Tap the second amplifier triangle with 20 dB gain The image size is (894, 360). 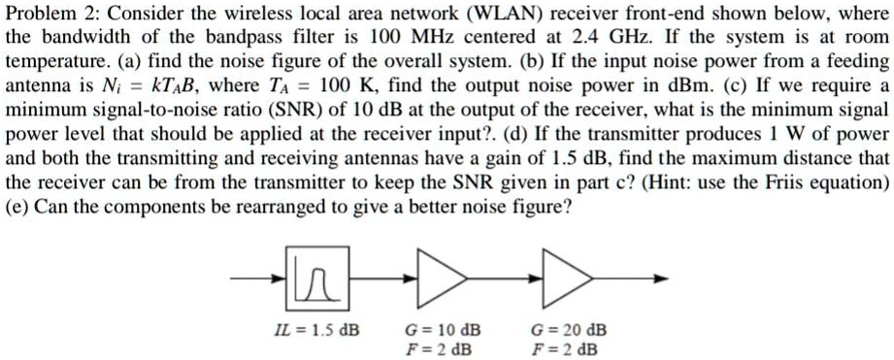click(x=566, y=278)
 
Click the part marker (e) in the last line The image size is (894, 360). click(x=17, y=207)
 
